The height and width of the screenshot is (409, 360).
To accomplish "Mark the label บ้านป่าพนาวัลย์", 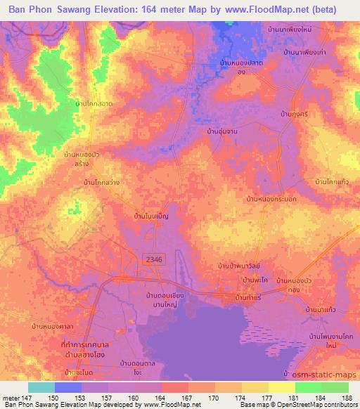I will coord(239,266).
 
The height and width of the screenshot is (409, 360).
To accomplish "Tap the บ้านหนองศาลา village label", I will coord(51,327).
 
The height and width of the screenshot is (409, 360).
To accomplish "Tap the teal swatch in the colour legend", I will coord(41,387).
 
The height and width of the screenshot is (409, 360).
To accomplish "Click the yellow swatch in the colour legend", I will coord(281,387).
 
